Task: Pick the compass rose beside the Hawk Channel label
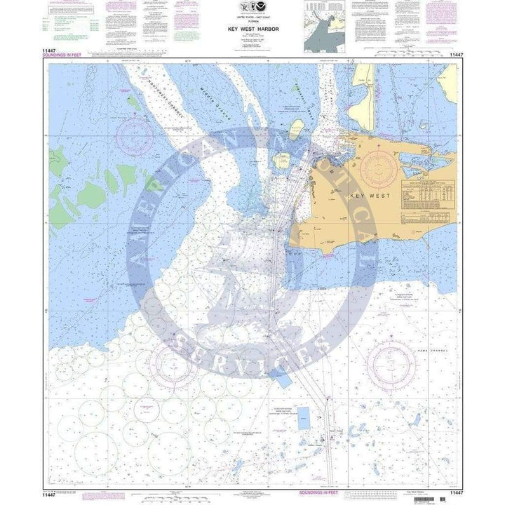(x=390, y=365)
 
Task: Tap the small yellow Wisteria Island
(x=297, y=127)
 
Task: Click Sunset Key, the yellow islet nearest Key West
(x=285, y=163)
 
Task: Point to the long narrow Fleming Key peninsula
(x=364, y=91)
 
